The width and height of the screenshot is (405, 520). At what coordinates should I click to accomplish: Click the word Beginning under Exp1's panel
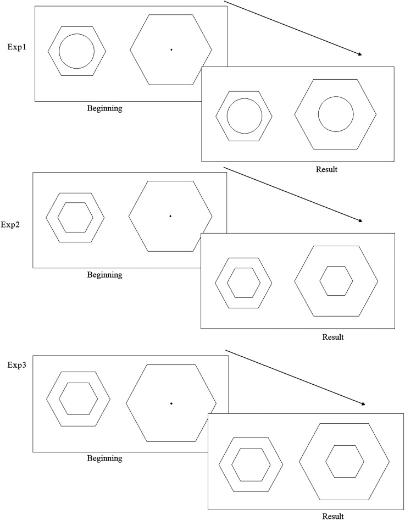pyautogui.click(x=104, y=108)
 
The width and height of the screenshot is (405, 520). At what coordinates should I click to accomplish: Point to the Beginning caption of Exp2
pyautogui.click(x=104, y=275)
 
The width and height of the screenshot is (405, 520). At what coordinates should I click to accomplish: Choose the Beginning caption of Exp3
pyautogui.click(x=104, y=458)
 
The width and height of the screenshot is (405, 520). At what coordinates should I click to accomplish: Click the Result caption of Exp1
pyautogui.click(x=326, y=169)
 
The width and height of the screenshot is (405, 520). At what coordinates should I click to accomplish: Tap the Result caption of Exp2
pyautogui.click(x=333, y=336)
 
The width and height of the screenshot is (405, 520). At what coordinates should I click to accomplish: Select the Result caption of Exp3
pyautogui.click(x=333, y=516)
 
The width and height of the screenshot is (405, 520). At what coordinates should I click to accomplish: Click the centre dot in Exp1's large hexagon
pyautogui.click(x=171, y=50)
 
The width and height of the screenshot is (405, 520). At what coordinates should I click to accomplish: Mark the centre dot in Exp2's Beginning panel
pyautogui.click(x=171, y=216)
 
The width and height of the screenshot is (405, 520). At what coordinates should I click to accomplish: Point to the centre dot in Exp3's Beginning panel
pyautogui.click(x=171, y=404)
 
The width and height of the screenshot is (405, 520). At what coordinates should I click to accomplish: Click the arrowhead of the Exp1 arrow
pyautogui.click(x=360, y=54)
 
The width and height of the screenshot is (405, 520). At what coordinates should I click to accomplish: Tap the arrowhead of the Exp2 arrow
pyautogui.click(x=360, y=220)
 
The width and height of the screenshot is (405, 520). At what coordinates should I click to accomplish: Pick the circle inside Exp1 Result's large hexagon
pyautogui.click(x=335, y=114)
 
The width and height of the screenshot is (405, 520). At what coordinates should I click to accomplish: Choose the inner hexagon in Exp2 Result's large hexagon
pyautogui.click(x=336, y=281)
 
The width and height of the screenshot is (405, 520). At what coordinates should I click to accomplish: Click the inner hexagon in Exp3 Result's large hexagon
pyautogui.click(x=345, y=461)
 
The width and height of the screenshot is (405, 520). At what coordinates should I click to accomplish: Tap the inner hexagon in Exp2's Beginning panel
pyautogui.click(x=75, y=217)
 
